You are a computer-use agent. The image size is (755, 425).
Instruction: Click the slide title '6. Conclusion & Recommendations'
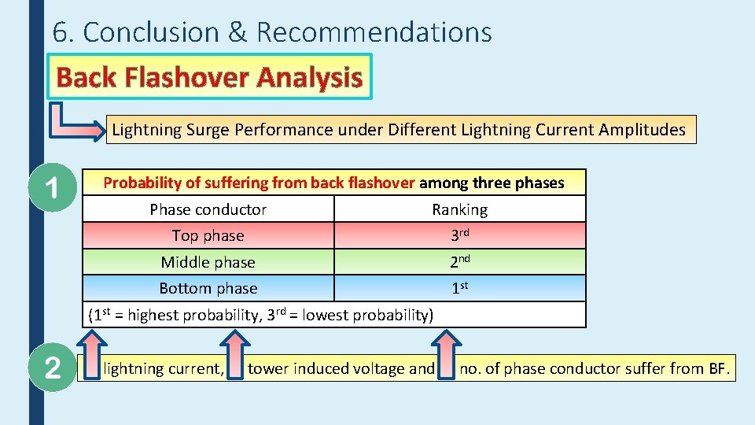click(x=272, y=32)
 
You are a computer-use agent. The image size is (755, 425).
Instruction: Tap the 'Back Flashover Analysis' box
click(x=209, y=77)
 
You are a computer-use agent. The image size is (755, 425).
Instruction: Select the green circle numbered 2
click(x=51, y=368)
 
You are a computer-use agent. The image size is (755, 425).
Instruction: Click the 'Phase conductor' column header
click(x=208, y=209)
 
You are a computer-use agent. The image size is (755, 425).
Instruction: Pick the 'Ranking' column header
click(x=459, y=209)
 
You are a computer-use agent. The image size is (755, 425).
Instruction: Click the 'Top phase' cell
click(x=208, y=235)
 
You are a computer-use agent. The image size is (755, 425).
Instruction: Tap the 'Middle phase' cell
click(x=208, y=262)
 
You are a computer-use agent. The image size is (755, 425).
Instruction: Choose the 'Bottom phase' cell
click(x=208, y=288)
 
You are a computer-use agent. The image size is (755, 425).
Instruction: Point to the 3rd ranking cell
click(x=460, y=235)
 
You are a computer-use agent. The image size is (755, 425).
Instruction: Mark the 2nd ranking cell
click(x=460, y=262)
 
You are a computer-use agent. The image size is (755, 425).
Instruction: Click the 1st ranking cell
click(x=460, y=288)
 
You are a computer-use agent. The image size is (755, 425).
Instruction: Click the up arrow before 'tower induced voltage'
click(x=234, y=355)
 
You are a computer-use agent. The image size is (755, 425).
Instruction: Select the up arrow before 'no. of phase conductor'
click(x=446, y=355)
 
